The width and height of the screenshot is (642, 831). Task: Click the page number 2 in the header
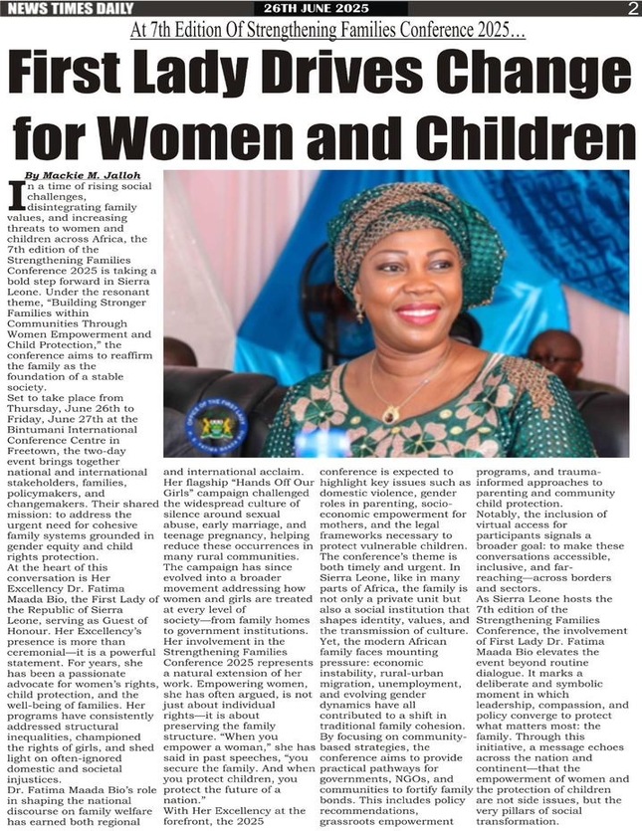click(x=632, y=9)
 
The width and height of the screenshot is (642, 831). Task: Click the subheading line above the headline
click(x=321, y=31)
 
